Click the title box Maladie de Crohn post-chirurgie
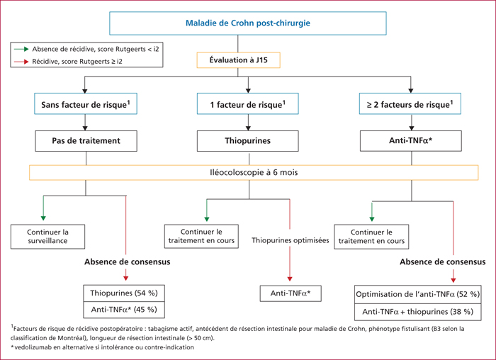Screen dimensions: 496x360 tap(248, 23)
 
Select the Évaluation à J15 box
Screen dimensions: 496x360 tap(239, 60)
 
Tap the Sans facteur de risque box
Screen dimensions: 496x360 tap(86, 103)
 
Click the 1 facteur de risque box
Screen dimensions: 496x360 tap(248, 103)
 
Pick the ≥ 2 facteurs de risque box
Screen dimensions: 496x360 tap(410, 103)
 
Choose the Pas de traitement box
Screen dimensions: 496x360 tap(86, 141)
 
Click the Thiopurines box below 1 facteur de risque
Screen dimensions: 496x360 tap(248, 141)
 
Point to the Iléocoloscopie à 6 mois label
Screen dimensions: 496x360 tap(254, 172)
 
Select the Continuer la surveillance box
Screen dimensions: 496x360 tap(47, 237)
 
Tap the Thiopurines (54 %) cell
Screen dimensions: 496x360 tap(124, 293)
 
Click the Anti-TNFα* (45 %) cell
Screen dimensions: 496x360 tap(124, 310)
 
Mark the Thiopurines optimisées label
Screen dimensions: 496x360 tap(290, 240)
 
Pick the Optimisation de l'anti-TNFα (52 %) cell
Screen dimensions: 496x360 tap(418, 295)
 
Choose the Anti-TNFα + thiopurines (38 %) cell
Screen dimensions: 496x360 tap(418, 313)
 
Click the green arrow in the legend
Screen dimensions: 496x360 tap(21, 50)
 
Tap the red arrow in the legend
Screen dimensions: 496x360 tap(21, 62)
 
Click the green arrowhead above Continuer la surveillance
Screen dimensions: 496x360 tap(43, 218)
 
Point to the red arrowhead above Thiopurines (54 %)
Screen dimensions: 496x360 tap(126, 278)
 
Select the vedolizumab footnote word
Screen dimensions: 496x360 tap(30, 347)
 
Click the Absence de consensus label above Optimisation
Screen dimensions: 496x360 tap(443, 262)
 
